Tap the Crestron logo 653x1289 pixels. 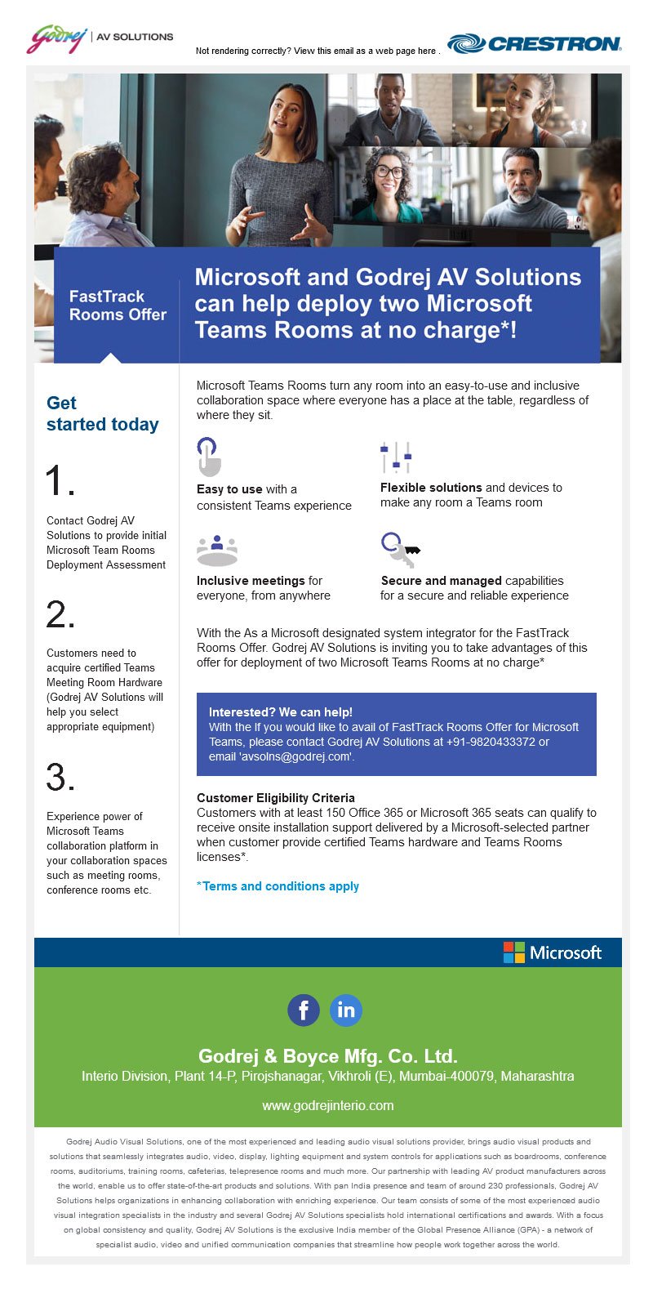535,43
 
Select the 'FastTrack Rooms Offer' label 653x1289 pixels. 118,306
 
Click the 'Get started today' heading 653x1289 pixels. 102,413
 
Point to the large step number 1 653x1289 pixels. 60,481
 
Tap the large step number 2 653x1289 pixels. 60,614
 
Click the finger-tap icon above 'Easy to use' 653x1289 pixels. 209,457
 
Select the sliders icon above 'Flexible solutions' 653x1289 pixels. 396,457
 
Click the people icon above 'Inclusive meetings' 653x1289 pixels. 217,550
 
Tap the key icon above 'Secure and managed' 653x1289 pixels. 399,550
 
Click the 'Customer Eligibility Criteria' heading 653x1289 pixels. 276,797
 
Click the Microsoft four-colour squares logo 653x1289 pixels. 514,952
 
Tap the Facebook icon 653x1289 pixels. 304,1010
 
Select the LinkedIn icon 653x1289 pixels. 346,1010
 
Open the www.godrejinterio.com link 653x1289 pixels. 328,1105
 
